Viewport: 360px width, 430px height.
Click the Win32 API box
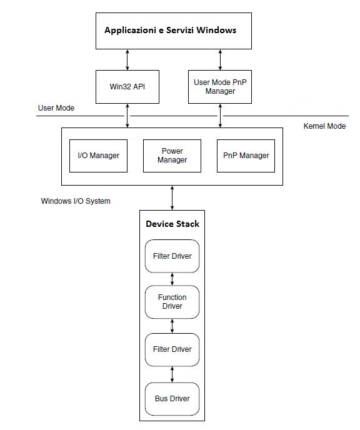[x=127, y=87]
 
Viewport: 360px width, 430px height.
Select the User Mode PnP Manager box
[x=220, y=87]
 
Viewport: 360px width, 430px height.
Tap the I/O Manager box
[x=98, y=156]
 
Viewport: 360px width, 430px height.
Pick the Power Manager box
[x=172, y=156]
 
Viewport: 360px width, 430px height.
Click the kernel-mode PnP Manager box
[x=246, y=156]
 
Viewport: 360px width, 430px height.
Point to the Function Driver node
[x=172, y=302]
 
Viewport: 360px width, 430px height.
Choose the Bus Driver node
[x=172, y=399]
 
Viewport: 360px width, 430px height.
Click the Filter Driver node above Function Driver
[x=172, y=256]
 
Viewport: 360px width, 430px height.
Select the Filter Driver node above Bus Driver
[x=172, y=349]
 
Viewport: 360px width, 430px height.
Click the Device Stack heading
[x=172, y=224]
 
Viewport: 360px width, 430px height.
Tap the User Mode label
[x=56, y=108]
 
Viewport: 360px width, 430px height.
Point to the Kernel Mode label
[x=324, y=126]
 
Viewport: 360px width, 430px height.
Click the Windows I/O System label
[x=76, y=201]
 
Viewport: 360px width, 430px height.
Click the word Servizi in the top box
[x=180, y=30]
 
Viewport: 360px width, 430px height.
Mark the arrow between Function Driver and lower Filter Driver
[x=172, y=326]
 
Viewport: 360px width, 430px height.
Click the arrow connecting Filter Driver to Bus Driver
[x=172, y=374]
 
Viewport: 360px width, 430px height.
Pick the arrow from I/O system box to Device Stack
[x=172, y=197]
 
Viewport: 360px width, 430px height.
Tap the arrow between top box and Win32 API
[x=127, y=60]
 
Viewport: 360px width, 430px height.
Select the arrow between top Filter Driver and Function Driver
[x=172, y=279]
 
